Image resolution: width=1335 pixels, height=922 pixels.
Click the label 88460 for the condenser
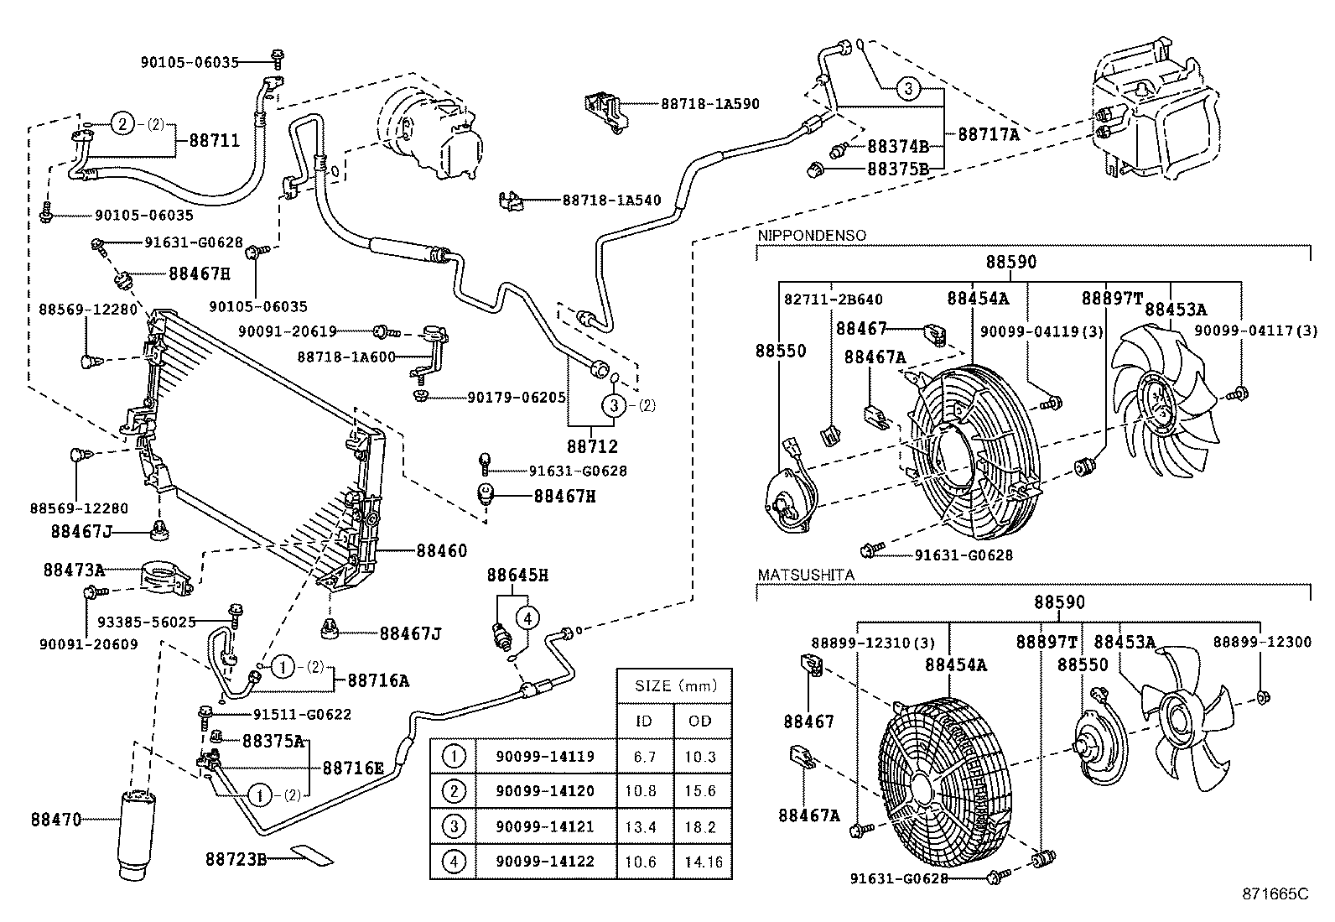pyautogui.click(x=441, y=551)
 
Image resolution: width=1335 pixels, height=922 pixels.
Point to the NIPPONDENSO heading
pyautogui.click(x=812, y=236)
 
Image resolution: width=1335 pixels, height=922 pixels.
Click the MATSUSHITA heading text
pyautogui.click(x=806, y=576)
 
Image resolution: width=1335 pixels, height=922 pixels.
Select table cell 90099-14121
pyautogui.click(x=544, y=826)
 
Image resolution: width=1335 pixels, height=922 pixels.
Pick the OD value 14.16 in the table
pyautogui.click(x=703, y=862)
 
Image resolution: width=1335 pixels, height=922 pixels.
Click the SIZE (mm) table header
pyautogui.click(x=675, y=685)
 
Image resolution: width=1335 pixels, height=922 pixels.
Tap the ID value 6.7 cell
pyautogui.click(x=644, y=756)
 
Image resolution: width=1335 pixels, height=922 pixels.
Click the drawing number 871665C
pyautogui.click(x=1275, y=894)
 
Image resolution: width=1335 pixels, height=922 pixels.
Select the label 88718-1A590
pyautogui.click(x=709, y=104)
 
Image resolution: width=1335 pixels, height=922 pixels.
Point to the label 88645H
pyautogui.click(x=517, y=576)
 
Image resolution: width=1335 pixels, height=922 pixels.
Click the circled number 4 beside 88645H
pyautogui.click(x=527, y=619)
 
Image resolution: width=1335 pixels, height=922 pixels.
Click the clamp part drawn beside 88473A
pyautogui.click(x=165, y=578)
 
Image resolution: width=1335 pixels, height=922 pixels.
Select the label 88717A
pyautogui.click(x=988, y=133)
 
